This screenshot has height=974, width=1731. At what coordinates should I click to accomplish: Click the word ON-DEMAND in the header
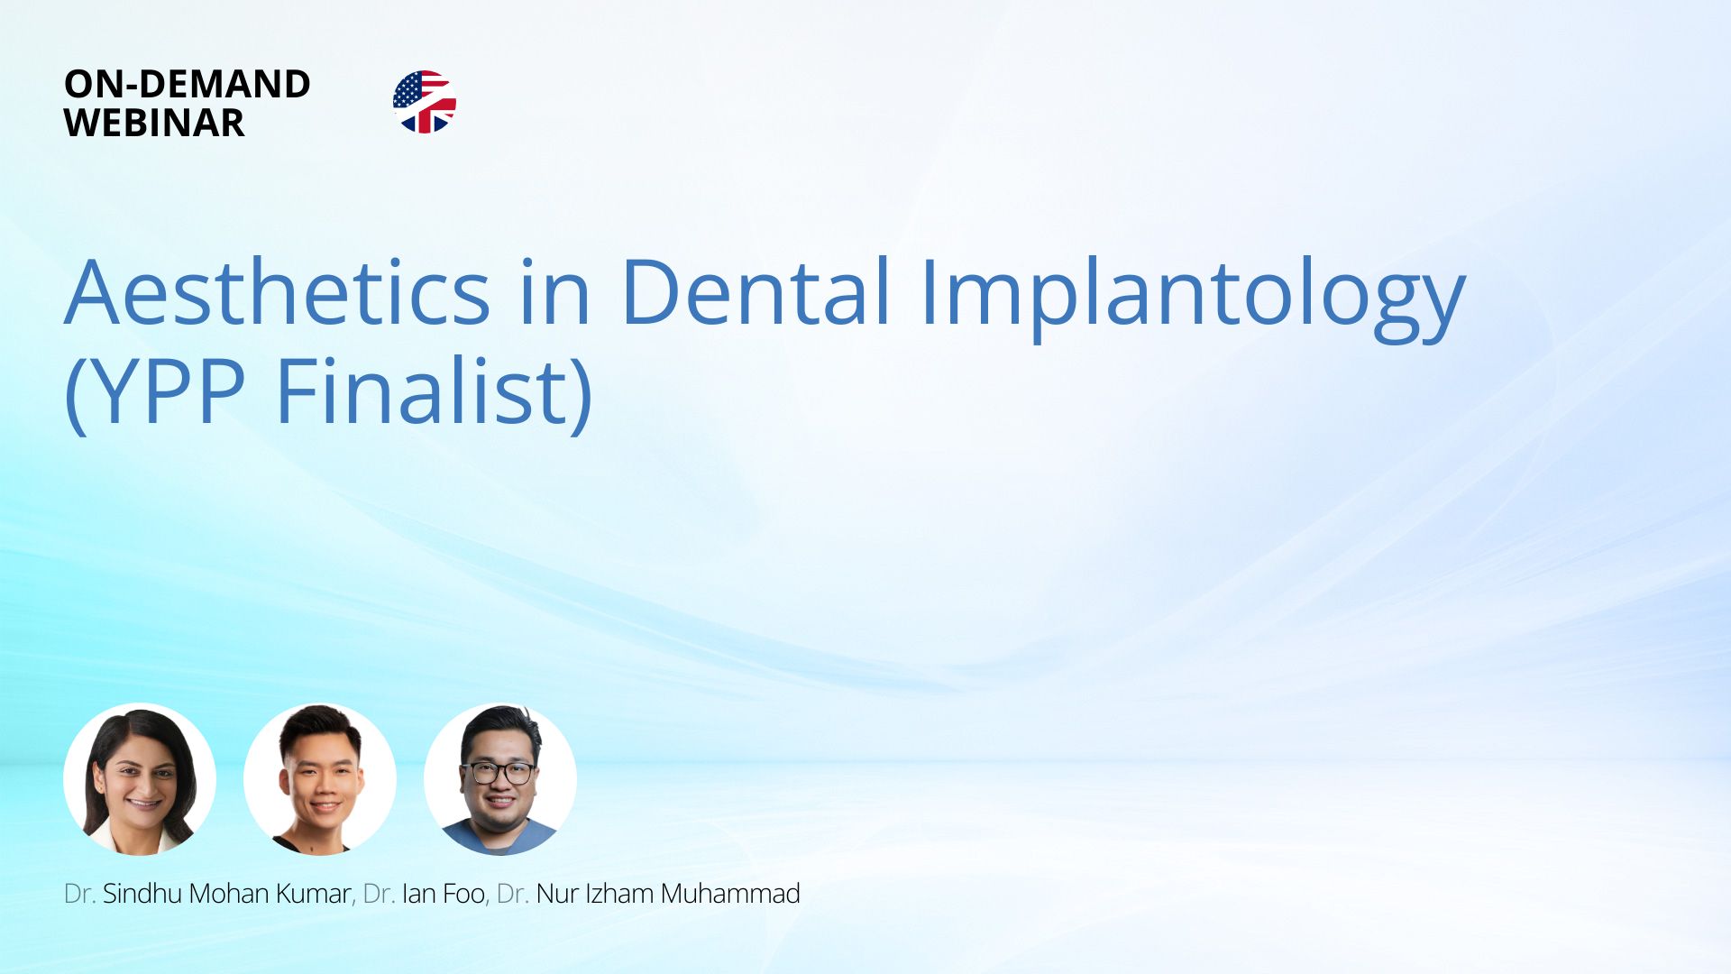188,84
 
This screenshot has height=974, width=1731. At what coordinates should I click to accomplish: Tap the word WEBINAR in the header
154,123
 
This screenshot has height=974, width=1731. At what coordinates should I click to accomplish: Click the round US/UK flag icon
425,102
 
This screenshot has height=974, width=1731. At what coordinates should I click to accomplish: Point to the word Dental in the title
756,290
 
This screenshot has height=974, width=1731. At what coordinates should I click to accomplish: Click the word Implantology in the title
1193,298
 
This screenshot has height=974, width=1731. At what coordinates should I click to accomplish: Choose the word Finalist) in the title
434,392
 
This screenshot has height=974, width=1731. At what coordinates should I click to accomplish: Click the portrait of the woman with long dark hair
140,779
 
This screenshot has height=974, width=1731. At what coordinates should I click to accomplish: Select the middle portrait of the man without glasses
320,779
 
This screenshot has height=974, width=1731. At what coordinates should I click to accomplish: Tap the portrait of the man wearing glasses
500,779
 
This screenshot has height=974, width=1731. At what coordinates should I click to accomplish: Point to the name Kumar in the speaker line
313,894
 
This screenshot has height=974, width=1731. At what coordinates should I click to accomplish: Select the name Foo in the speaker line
464,895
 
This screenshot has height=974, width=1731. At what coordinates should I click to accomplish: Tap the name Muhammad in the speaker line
731,894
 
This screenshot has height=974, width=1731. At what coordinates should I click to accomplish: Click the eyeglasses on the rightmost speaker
499,773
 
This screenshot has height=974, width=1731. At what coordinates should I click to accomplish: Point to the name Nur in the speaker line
557,894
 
